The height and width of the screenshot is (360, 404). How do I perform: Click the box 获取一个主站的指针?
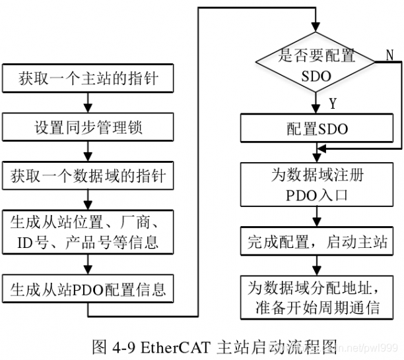click(88, 80)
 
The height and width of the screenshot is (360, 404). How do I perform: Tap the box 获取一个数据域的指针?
click(88, 176)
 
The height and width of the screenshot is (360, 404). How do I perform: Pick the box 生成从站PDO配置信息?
click(88, 288)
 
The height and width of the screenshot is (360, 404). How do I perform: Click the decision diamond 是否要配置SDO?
click(317, 65)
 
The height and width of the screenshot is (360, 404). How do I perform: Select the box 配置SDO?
click(317, 129)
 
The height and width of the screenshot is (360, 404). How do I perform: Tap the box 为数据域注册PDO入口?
click(317, 185)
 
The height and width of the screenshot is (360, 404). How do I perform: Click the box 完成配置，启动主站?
click(317, 240)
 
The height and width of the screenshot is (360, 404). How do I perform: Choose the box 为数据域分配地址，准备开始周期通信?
click(317, 296)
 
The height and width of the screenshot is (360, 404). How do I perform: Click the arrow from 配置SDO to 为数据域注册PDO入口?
click(317, 153)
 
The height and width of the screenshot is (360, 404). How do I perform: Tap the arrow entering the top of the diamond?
click(317, 25)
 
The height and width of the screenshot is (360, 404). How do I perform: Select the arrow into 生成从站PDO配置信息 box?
click(88, 264)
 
